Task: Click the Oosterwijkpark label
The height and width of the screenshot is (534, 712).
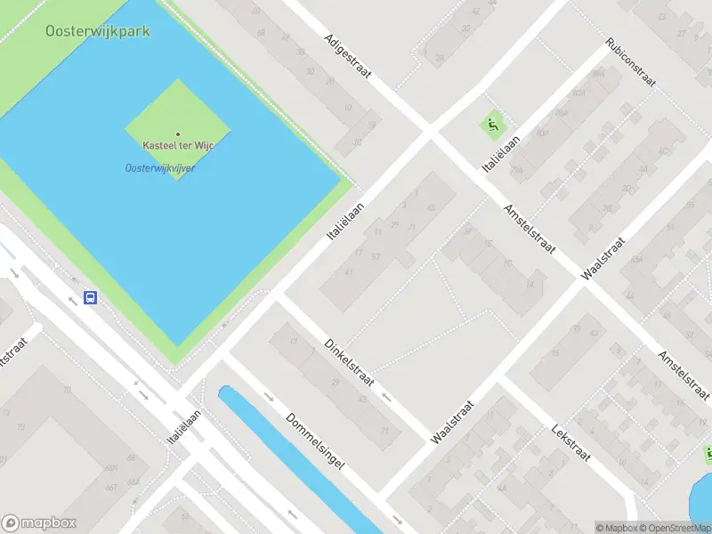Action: pos(98,31)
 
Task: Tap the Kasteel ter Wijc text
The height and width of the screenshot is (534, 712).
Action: pos(177,145)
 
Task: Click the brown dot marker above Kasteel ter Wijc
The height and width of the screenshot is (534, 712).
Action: pos(177,133)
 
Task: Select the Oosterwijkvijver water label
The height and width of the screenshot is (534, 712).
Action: pos(160,167)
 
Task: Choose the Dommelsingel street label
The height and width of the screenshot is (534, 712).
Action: pos(314,441)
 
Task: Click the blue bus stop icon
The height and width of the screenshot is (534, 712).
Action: pos(90,297)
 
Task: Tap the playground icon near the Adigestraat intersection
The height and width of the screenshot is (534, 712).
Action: pos(490,125)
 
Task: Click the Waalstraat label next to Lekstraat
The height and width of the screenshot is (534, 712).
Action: pos(451,422)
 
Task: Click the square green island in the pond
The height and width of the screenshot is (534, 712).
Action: pos(178,129)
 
